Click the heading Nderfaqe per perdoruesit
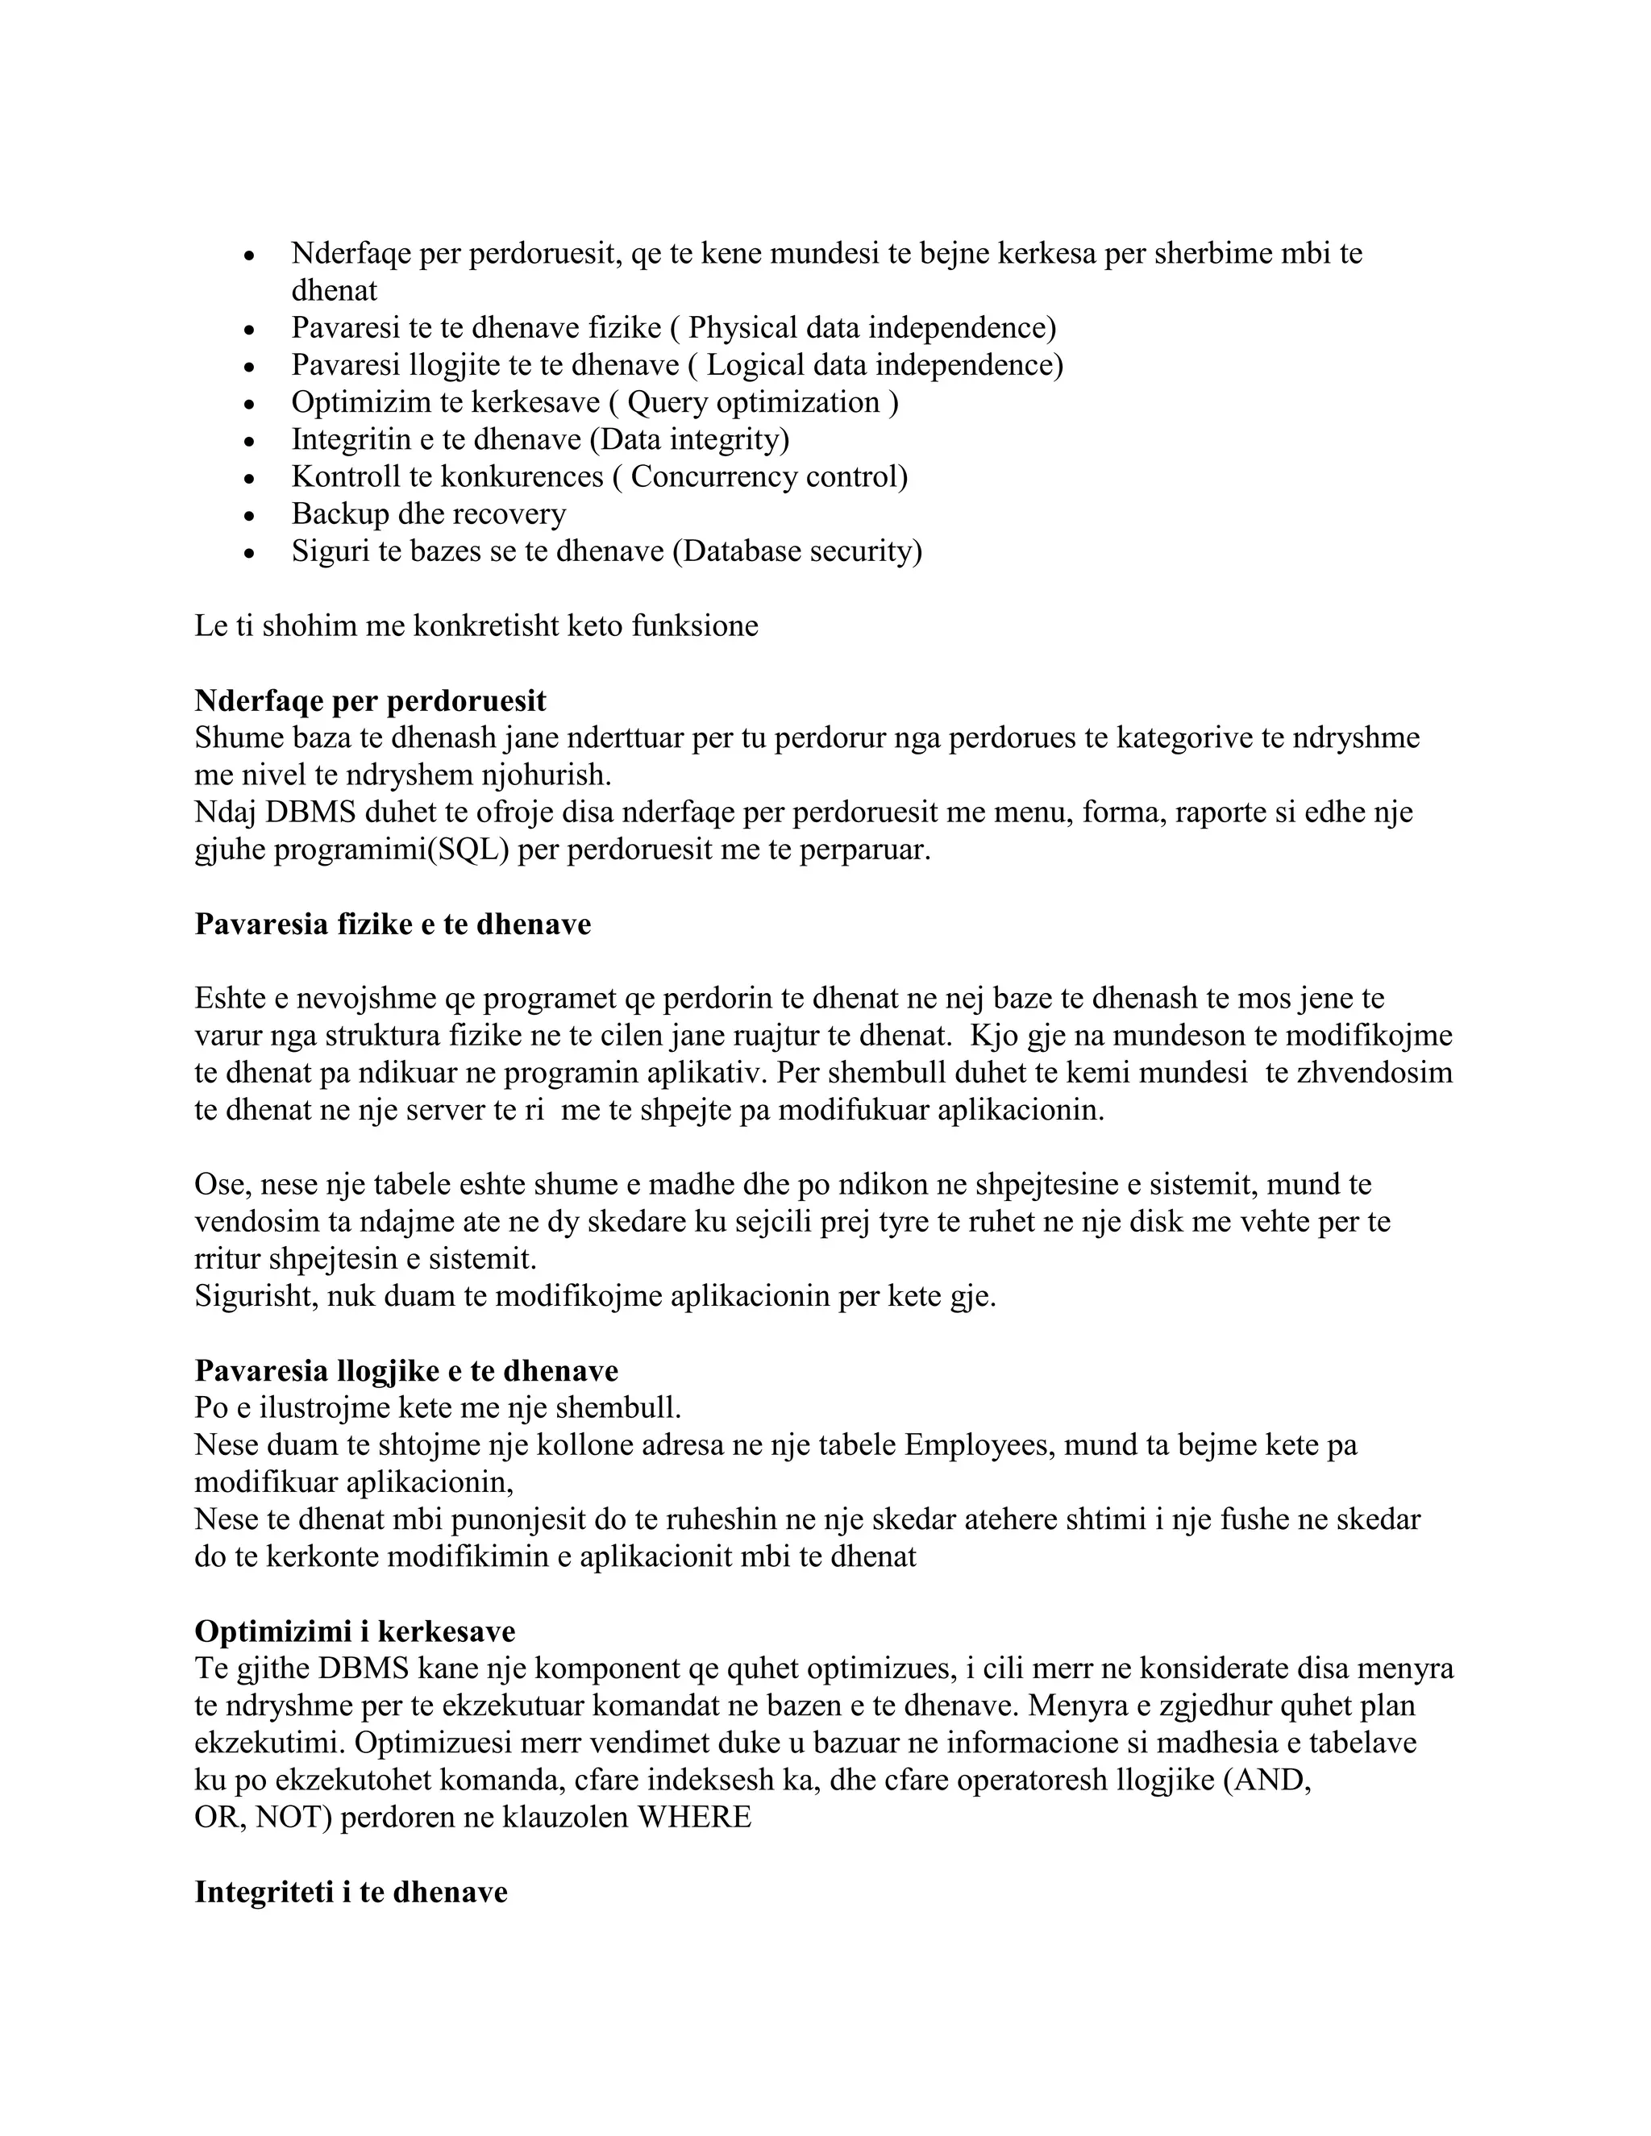(370, 701)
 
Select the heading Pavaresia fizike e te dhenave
(393, 925)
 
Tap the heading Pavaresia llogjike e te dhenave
(406, 1370)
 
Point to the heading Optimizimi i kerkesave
(354, 1631)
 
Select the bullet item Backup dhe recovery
(428, 514)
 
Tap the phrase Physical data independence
(867, 329)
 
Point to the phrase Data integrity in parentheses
(688, 440)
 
